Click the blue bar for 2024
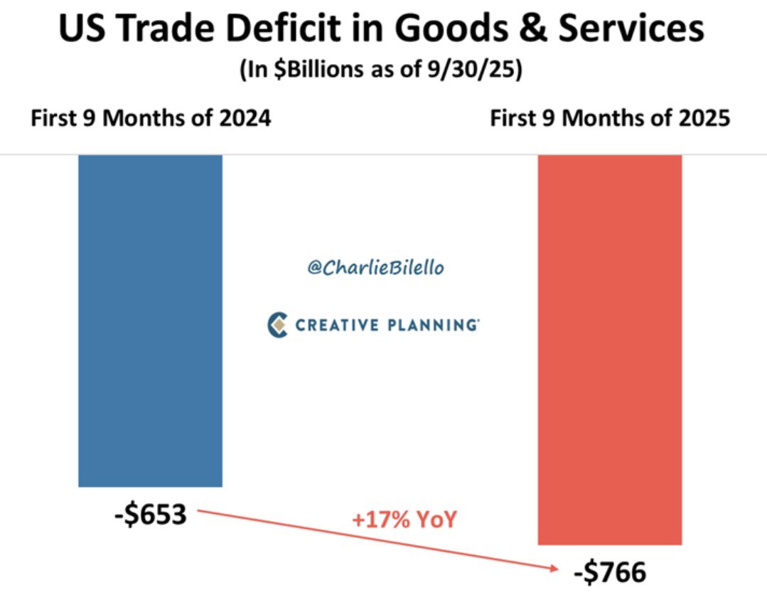[x=150, y=320]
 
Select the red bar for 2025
[x=610, y=349]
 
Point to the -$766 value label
[x=611, y=572]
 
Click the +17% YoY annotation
[x=404, y=520]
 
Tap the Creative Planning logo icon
[x=277, y=325]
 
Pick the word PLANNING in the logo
[x=431, y=325]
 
